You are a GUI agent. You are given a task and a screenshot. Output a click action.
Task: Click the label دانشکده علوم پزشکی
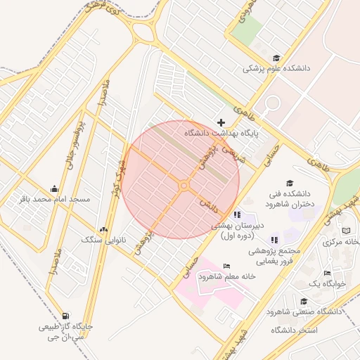pos(276,69)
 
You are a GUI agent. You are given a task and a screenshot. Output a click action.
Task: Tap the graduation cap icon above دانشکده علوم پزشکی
pos(276,58)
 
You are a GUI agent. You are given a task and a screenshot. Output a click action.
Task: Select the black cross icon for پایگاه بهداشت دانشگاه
pos(221,122)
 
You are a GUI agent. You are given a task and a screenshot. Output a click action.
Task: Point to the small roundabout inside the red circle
pos(184,186)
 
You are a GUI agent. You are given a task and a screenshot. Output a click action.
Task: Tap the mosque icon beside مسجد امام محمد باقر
pos(55,188)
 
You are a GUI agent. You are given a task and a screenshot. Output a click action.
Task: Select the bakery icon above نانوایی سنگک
pos(104,229)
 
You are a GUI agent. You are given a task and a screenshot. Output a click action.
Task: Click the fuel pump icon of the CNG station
pos(65,316)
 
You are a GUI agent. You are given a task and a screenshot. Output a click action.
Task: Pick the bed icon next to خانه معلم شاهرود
pos(226,266)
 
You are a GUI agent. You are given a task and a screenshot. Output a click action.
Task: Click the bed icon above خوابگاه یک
pos(327,273)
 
